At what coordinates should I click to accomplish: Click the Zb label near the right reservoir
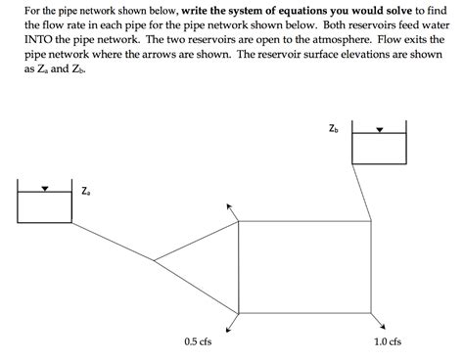(x=334, y=128)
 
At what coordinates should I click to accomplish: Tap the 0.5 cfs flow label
(x=198, y=341)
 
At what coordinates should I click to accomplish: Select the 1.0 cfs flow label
(x=388, y=341)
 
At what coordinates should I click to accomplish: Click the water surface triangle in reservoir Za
(x=44, y=189)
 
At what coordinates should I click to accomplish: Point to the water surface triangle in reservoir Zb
(x=380, y=131)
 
